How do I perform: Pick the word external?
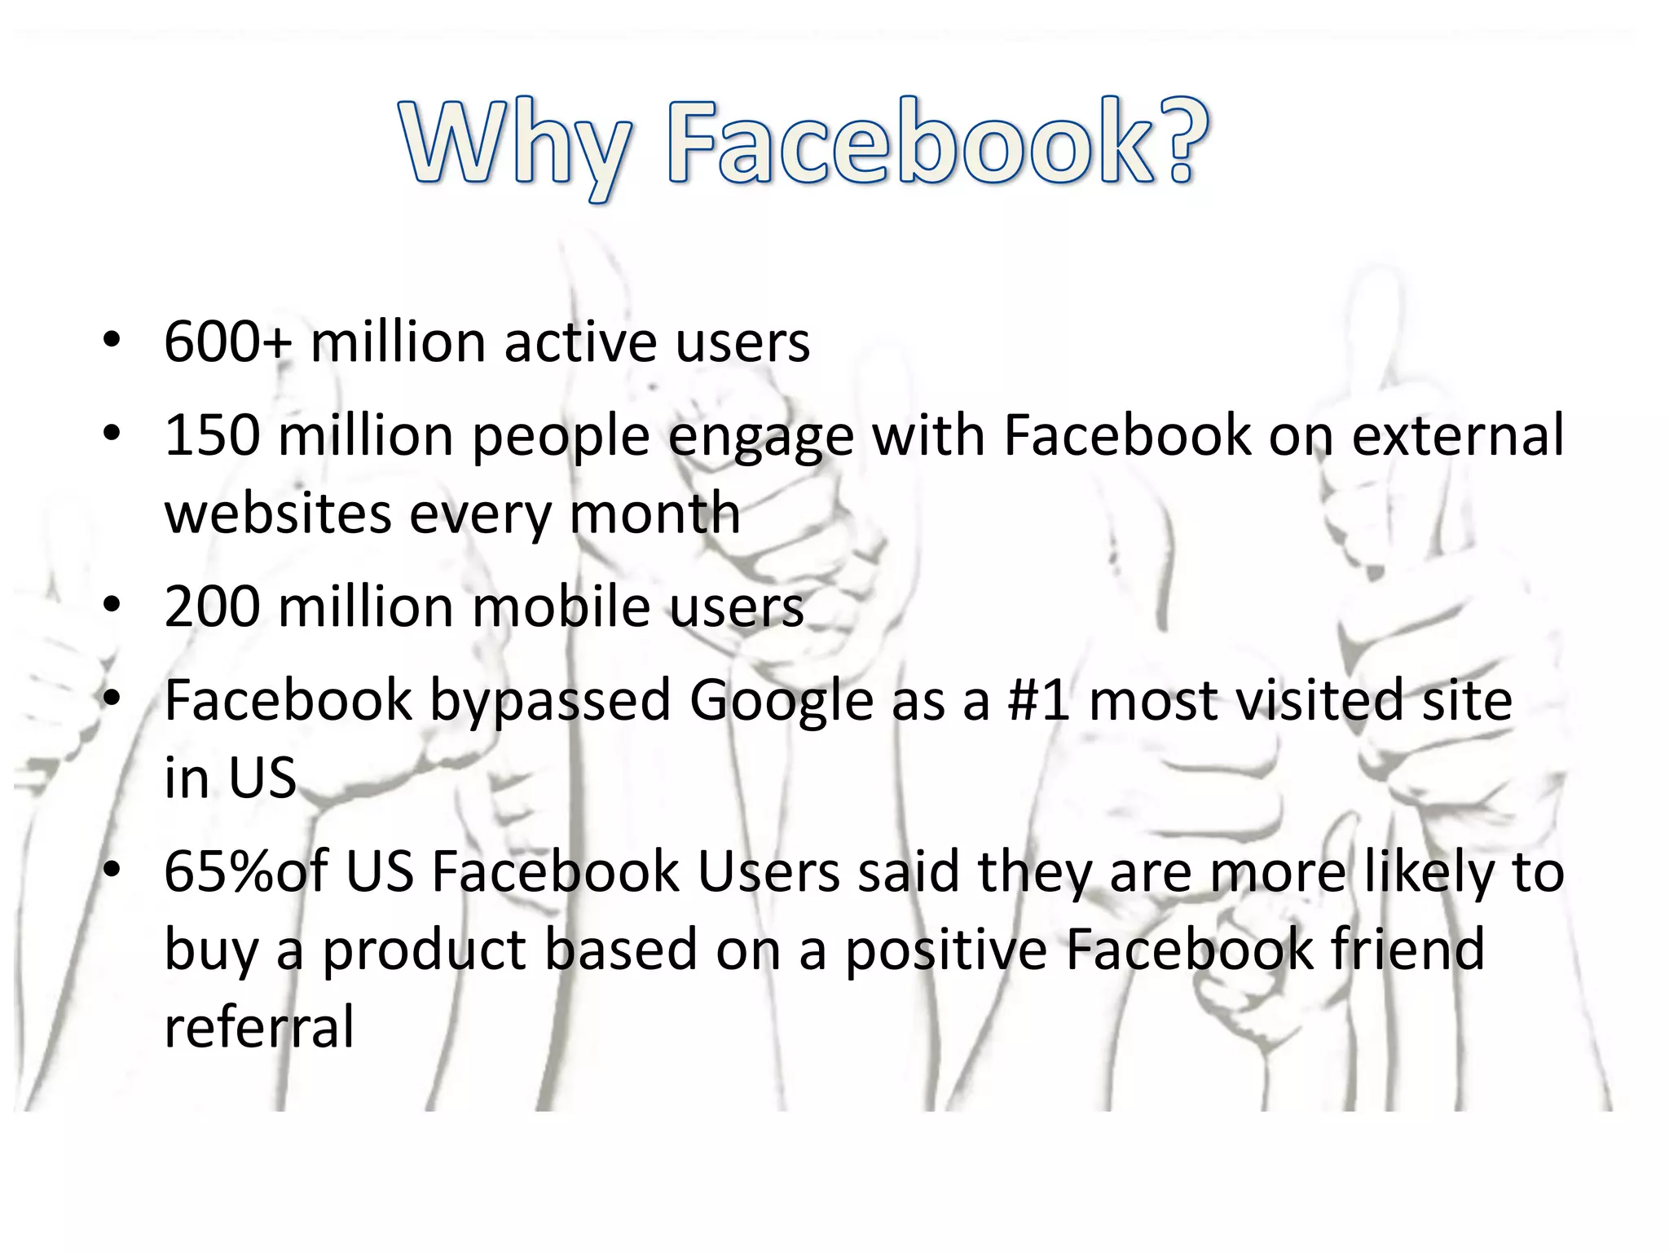coord(1458,435)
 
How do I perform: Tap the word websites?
coord(278,514)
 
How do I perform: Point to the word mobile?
coord(561,607)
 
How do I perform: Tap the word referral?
coord(259,1027)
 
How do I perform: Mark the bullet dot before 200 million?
coord(112,606)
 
